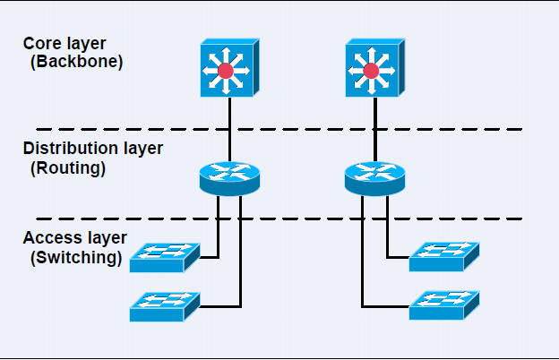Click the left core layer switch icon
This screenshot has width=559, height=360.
pyautogui.click(x=229, y=68)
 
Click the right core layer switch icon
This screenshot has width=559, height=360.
pyautogui.click(x=374, y=68)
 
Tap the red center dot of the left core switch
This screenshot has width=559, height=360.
pyautogui.click(x=226, y=70)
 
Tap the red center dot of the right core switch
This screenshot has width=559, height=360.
pyautogui.click(x=371, y=70)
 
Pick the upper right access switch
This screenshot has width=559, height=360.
pyautogui.click(x=444, y=257)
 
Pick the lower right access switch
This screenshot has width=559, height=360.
pyautogui.click(x=444, y=307)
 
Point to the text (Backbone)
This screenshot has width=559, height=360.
pyautogui.click(x=76, y=62)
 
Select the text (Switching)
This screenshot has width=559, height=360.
pyautogui.click(x=75, y=258)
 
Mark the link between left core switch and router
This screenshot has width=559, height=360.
pyautogui.click(x=230, y=130)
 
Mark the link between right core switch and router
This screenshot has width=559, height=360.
pyautogui.click(x=375, y=130)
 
